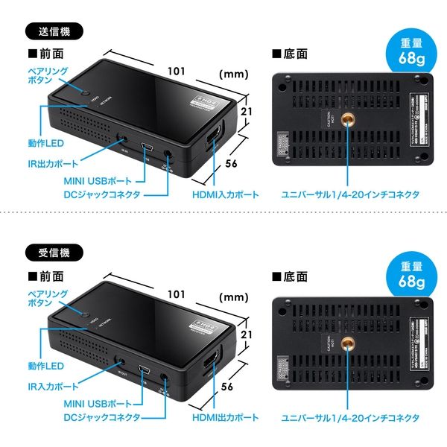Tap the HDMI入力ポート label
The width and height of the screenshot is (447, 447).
pyautogui.click(x=224, y=194)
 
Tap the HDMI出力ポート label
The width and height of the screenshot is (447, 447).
pyautogui.click(x=224, y=416)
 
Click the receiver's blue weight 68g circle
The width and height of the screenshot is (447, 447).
pyautogui.click(x=410, y=275)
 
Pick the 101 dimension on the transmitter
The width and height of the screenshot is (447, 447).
pyautogui.click(x=176, y=72)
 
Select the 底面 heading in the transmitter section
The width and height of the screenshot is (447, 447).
pyautogui.click(x=294, y=54)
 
